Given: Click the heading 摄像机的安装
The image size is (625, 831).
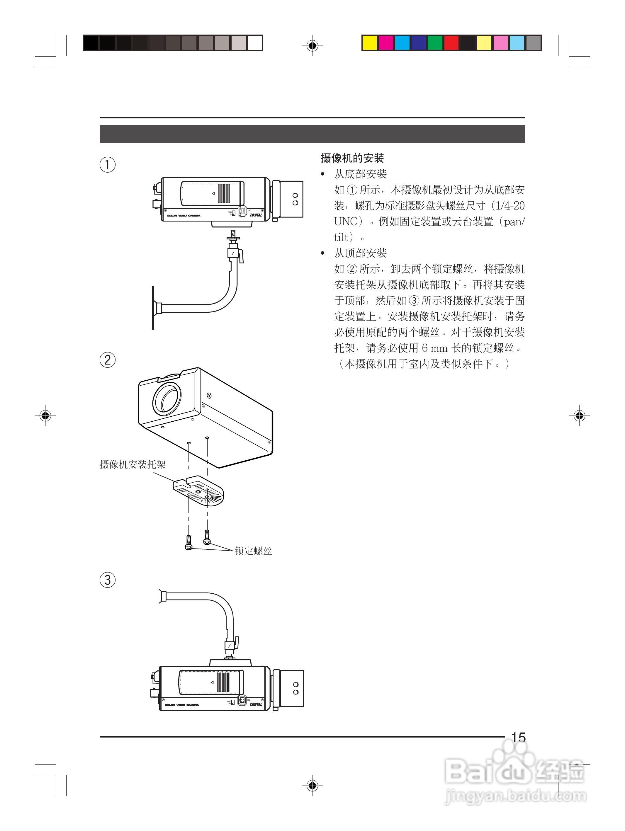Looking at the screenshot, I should [x=352, y=158].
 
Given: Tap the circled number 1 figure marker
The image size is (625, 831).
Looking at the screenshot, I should [x=108, y=165].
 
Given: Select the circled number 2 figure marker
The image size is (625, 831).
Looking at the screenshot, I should [x=108, y=360].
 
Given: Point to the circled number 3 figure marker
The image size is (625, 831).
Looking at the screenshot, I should [x=108, y=579].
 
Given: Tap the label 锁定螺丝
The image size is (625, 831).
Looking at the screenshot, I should [x=253, y=551].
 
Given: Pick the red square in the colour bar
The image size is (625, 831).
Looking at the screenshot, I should [x=451, y=43].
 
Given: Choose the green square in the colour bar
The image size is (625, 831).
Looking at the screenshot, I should [x=435, y=43].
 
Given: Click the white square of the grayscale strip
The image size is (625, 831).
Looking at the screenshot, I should [x=255, y=43].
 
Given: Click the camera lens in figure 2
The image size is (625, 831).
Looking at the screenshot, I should [x=167, y=398].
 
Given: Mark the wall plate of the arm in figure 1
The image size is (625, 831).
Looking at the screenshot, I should [x=153, y=308].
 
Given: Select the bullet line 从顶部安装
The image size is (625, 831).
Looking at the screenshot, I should [x=360, y=253].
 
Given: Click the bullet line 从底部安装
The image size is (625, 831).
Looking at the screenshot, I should [x=360, y=174].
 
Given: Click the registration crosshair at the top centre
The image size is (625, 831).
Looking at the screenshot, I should [x=312, y=46].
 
